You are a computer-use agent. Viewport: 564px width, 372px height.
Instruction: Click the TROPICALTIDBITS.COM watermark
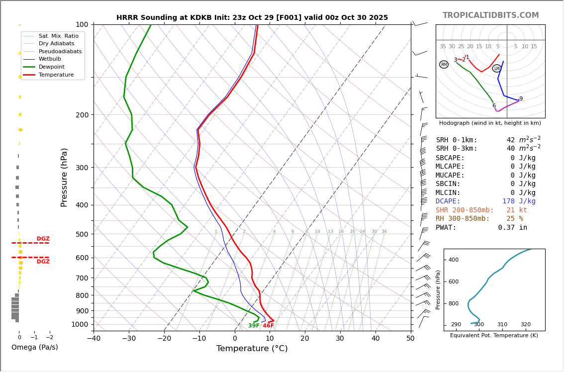pyautogui.click(x=490, y=15)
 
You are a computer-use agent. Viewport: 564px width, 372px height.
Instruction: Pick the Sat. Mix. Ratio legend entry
pyautogui.click(x=58, y=36)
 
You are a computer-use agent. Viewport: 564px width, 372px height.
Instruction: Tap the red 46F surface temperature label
pyautogui.click(x=268, y=326)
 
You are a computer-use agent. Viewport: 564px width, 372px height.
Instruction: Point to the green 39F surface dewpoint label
pyautogui.click(x=254, y=326)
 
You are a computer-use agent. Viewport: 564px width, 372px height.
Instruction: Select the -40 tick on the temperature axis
pyautogui.click(x=94, y=339)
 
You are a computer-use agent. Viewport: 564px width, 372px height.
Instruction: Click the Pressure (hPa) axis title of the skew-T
pyautogui.click(x=64, y=177)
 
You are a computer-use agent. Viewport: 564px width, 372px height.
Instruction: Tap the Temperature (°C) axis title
pyautogui.click(x=252, y=349)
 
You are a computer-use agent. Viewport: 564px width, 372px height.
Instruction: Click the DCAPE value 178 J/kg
pyautogui.click(x=519, y=201)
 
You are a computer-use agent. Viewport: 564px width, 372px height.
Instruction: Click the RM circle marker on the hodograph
pyautogui.click(x=444, y=65)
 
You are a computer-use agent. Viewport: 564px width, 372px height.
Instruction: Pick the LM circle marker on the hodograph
pyautogui.click(x=496, y=69)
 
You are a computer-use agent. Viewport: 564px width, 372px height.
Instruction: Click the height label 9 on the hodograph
pyautogui.click(x=521, y=99)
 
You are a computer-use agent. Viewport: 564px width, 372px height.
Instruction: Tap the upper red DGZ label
pyautogui.click(x=43, y=239)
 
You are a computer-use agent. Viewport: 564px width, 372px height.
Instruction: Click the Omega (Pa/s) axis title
pyautogui.click(x=34, y=348)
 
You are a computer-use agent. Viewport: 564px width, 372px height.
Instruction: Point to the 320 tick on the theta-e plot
pyautogui.click(x=525, y=325)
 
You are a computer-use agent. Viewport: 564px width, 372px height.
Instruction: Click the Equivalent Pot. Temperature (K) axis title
pyautogui.click(x=494, y=336)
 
